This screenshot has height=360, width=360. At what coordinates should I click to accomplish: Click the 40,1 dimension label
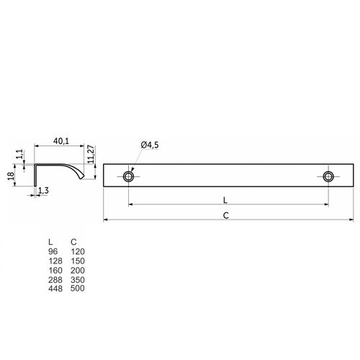point(61,141)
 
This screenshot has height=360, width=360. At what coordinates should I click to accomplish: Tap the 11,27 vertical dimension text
point(91,154)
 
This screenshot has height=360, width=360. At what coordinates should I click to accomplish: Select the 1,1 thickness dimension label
point(19,154)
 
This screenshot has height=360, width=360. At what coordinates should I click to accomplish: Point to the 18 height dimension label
point(11,176)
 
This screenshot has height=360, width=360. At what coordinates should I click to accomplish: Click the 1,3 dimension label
point(43,191)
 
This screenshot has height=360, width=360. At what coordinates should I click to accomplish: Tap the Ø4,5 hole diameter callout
point(150,145)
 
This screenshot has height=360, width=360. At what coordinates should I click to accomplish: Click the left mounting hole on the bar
point(128,176)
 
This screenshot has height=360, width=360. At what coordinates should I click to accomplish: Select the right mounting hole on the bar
point(328,176)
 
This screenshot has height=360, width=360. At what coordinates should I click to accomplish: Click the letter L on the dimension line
point(225,200)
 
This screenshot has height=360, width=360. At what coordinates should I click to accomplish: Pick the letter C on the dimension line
point(226,215)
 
